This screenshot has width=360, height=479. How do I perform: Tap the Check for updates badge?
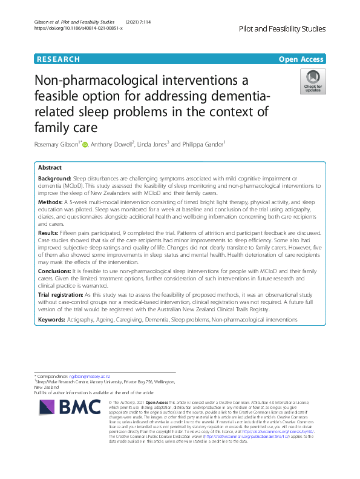click(313, 82)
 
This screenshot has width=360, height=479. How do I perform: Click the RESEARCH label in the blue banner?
click(58, 59)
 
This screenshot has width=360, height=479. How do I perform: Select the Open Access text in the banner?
click(301, 59)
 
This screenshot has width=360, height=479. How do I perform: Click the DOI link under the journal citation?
click(78, 28)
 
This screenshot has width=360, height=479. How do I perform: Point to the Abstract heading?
click(50, 167)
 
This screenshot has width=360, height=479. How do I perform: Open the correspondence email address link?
click(91, 377)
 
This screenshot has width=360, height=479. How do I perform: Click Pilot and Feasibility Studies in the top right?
click(283, 28)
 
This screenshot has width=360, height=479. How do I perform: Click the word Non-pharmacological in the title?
click(106, 81)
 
